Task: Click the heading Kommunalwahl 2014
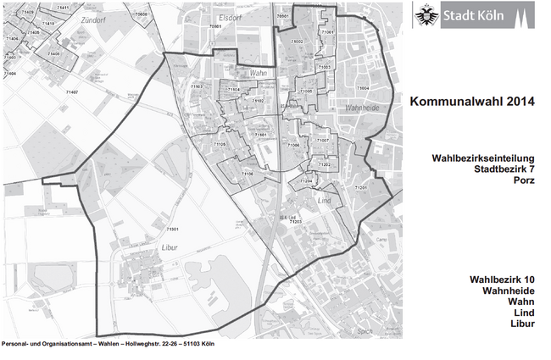472,102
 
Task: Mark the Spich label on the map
366,330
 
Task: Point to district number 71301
172,230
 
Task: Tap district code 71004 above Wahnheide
363,87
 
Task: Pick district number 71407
71,91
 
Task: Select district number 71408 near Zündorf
53,53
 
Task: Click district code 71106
248,174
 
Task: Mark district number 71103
196,86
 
